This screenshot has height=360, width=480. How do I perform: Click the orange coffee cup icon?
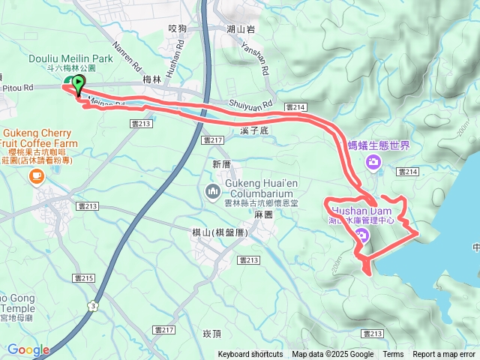35,176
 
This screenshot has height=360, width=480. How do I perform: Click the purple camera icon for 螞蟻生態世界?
373,162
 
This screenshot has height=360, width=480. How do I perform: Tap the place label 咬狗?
178,28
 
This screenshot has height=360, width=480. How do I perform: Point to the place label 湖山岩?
240,28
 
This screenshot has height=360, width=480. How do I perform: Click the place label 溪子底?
255,130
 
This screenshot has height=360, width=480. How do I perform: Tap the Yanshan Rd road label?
256,61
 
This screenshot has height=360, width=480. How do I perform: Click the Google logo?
28,349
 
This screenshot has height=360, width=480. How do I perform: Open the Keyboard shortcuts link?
250,355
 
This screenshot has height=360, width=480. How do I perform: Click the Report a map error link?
445,355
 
